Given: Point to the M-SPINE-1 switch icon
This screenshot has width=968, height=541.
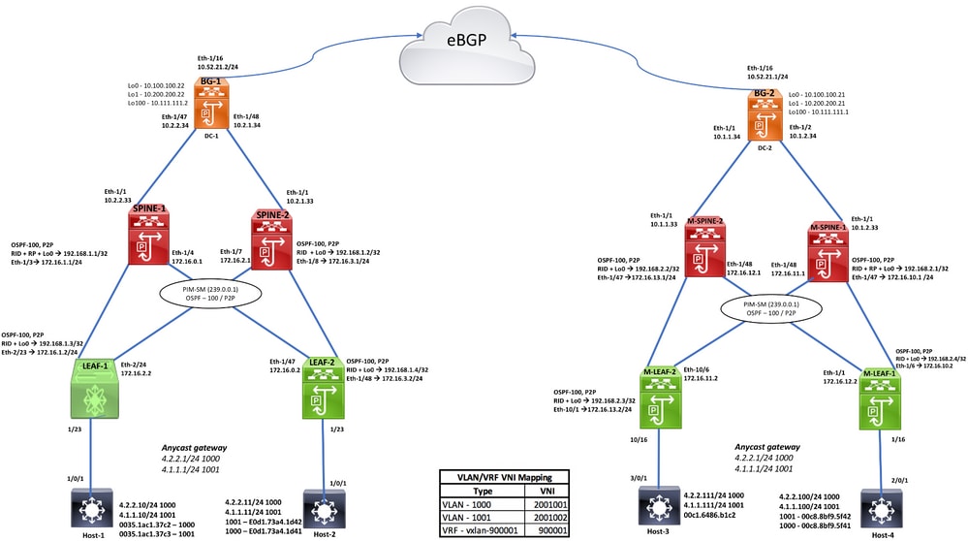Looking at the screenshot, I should click(826, 251).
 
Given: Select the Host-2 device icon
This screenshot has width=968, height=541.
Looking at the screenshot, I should click(322, 509).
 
